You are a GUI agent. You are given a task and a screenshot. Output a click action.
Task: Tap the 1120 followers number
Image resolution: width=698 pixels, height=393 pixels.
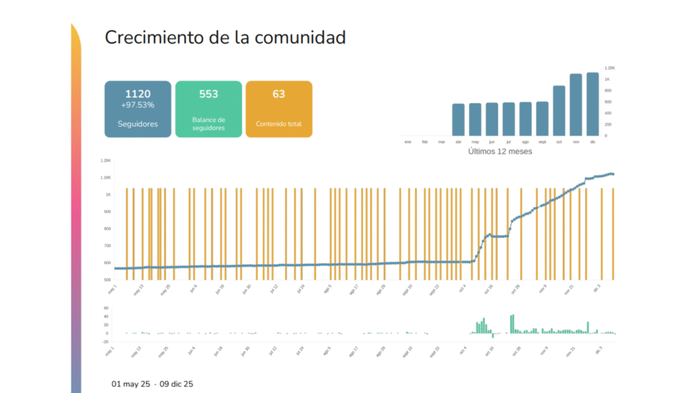coord(138,93)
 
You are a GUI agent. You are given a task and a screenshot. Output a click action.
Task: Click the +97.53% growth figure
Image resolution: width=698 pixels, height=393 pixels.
coord(138,105)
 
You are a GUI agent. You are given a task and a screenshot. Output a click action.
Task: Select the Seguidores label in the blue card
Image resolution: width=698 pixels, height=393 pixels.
coord(138,124)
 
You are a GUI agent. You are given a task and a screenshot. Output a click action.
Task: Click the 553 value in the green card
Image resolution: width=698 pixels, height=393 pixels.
coord(209,93)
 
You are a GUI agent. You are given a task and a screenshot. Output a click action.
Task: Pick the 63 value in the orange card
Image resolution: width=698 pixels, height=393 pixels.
coord(279,93)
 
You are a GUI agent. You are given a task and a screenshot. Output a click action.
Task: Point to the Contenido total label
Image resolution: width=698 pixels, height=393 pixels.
coord(279,124)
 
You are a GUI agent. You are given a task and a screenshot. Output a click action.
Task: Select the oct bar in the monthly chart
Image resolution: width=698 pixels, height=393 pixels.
coord(560,111)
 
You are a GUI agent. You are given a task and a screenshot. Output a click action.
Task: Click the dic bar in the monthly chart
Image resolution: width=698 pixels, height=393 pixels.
coord(592,104)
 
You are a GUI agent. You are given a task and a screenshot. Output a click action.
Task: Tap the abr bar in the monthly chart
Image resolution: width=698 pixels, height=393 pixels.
coord(458,119)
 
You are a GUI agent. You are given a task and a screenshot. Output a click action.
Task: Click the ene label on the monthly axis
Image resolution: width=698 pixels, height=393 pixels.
coord(408,142)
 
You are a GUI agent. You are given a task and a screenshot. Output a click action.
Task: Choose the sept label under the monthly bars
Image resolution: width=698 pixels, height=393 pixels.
coord(543,142)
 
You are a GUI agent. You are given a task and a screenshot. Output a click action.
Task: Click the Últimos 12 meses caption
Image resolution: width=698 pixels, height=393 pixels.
coord(500,151)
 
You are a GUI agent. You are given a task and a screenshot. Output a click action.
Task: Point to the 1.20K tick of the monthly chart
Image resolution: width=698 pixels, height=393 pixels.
coord(611,68)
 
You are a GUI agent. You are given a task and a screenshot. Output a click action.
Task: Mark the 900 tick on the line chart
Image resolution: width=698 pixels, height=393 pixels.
coord(106,212)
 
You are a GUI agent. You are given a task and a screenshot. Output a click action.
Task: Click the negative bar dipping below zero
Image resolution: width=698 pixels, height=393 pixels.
coord(493,335)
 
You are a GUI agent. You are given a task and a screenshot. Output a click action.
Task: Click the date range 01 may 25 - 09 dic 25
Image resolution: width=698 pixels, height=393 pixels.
coord(152,384)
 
